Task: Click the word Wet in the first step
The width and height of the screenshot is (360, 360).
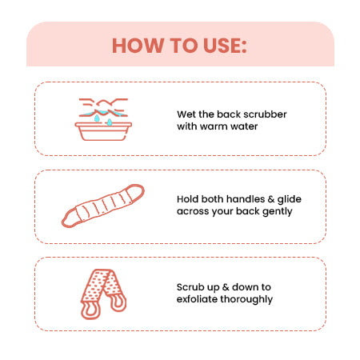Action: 185,114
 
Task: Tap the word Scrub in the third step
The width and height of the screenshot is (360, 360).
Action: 190,287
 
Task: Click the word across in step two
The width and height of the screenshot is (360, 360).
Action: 192,213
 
